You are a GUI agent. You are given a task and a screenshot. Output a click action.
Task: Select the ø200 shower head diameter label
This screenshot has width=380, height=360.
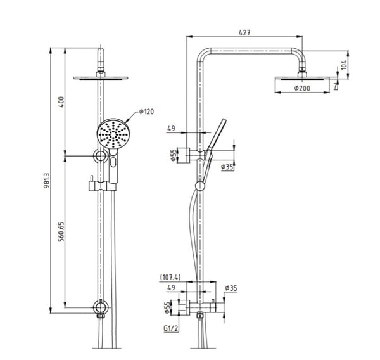click(x=302, y=89)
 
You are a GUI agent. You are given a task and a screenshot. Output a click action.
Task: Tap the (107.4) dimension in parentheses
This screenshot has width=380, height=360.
click(x=171, y=277)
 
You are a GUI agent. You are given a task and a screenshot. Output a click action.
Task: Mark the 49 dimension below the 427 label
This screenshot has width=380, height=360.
click(x=171, y=129)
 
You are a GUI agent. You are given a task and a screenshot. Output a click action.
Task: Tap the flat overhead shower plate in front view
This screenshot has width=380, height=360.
click(x=100, y=78)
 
